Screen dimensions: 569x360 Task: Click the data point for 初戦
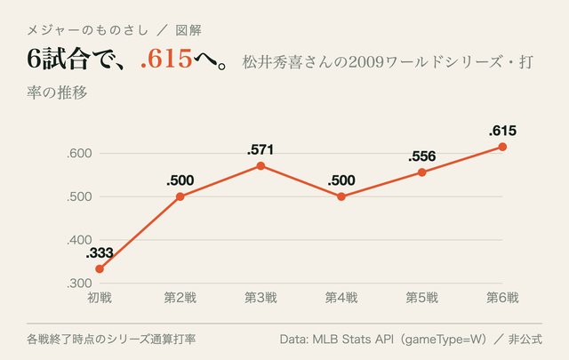coord(100,269)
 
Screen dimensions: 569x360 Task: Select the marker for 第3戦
coord(260,166)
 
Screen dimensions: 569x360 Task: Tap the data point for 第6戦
coord(502,147)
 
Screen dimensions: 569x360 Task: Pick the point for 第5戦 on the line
coord(421,172)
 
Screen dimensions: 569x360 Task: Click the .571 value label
coord(260,149)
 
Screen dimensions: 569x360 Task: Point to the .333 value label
coord(100,253)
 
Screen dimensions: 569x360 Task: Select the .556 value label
coord(421,156)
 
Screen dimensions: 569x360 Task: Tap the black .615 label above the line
coord(502,131)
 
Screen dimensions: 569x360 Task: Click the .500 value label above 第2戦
coord(180,180)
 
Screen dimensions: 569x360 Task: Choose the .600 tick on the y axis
coord(79,153)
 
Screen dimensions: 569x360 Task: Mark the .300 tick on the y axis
coord(79,283)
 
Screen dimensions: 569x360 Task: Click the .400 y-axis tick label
coord(79,240)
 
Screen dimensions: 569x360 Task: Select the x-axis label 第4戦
coord(341,298)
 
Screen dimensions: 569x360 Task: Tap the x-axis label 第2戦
coord(180,298)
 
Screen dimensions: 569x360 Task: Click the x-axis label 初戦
coord(100,298)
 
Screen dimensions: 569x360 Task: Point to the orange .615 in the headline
coord(166,59)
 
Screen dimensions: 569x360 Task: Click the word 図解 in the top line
coord(188,30)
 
